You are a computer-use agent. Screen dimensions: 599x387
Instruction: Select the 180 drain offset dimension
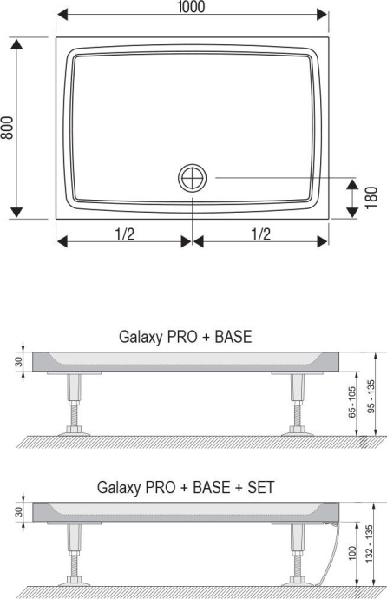click(x=370, y=198)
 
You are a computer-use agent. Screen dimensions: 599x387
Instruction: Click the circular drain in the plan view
click(x=193, y=178)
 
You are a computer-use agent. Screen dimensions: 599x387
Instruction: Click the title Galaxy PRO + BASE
click(x=184, y=337)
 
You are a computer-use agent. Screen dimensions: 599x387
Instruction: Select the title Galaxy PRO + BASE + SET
click(x=186, y=487)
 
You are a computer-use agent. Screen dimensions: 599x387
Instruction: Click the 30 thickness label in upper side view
click(x=17, y=362)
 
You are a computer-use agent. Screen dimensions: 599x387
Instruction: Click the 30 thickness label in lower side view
click(x=17, y=512)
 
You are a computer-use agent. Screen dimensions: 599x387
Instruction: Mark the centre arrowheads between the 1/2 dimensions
click(x=193, y=240)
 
